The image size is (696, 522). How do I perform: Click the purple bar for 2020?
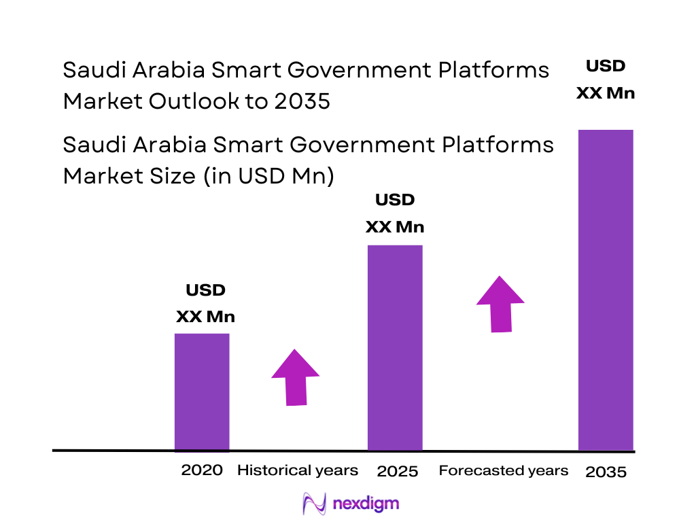(202, 391)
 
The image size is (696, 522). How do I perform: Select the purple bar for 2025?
(395, 347)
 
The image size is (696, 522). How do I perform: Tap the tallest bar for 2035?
(606, 290)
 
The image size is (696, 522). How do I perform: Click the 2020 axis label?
(202, 470)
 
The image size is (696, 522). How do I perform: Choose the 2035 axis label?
(606, 472)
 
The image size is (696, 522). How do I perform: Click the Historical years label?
(297, 470)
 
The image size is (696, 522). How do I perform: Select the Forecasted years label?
(504, 470)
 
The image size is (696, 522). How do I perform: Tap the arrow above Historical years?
(295, 378)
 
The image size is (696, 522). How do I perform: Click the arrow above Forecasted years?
(500, 304)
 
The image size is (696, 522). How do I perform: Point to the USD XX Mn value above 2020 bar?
(205, 303)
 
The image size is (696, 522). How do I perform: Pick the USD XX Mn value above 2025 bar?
(395, 213)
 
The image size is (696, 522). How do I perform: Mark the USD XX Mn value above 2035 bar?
(606, 80)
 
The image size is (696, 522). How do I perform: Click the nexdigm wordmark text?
(366, 504)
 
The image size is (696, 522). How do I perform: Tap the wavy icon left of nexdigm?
(314, 504)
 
